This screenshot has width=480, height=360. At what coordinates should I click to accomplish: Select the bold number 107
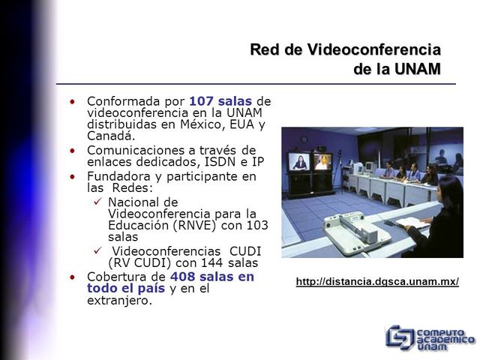[201, 101]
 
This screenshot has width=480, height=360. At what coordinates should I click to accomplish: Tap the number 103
[256, 225]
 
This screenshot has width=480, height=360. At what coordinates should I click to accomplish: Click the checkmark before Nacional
[97, 202]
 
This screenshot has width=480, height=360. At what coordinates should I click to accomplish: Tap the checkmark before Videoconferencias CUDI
[97, 250]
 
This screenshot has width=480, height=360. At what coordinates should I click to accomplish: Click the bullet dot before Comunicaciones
[72, 150]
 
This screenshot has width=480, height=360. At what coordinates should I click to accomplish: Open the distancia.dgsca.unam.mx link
[377, 282]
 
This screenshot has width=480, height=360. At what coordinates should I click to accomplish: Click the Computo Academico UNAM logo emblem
[399, 337]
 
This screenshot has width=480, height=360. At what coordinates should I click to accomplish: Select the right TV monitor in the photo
[322, 161]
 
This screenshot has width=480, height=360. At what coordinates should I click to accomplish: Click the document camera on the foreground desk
[352, 228]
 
